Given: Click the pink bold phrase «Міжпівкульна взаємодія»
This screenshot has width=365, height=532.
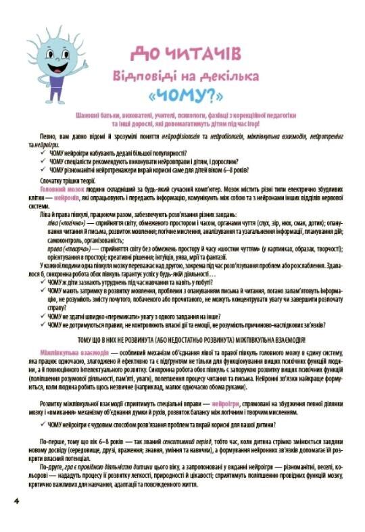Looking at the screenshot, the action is point(65,353).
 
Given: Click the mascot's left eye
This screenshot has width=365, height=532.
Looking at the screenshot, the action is point(47,38).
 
